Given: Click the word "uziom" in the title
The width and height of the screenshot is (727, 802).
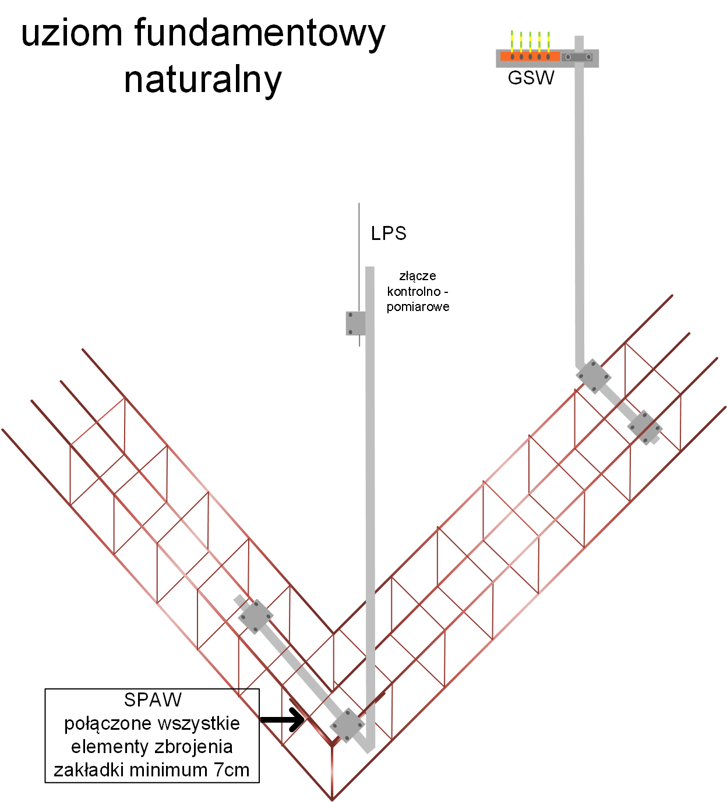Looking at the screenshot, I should click(72, 34).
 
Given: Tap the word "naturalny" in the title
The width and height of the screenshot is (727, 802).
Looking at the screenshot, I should click(203, 80).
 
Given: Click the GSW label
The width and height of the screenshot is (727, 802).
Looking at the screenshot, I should click(531, 78).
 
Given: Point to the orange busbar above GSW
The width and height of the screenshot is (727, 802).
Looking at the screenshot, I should click(530, 56).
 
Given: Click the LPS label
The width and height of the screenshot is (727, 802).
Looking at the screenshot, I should click(389, 234).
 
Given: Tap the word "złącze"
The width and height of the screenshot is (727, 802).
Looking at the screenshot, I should click(418, 276).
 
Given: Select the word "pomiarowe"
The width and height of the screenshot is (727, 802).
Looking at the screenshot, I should click(418, 307).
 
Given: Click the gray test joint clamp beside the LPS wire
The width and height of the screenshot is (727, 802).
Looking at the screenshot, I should click(355, 323).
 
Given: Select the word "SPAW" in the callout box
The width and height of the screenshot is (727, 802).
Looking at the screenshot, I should click(153, 699).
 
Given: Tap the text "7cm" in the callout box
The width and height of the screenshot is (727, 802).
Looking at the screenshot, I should click(231, 770).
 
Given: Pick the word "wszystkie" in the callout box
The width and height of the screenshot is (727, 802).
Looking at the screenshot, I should click(199, 723).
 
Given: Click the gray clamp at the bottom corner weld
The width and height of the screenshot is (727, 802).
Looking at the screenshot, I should click(347, 726).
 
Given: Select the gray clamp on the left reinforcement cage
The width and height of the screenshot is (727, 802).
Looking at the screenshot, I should click(255, 616).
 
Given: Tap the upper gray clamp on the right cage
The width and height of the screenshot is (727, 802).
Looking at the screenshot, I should click(593, 376).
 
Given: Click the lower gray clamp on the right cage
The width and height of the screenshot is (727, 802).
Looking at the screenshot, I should click(645, 428).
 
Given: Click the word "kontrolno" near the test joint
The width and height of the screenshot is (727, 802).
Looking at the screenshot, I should click(414, 291).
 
